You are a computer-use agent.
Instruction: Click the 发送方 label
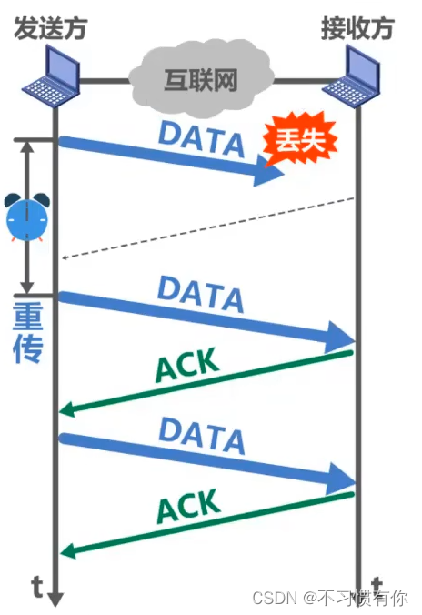coord(51,28)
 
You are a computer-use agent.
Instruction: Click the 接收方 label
coord(357,28)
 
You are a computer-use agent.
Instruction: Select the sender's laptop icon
coord(51,76)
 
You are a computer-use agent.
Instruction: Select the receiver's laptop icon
coord(352,76)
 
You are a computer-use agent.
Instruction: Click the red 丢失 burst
coord(300,138)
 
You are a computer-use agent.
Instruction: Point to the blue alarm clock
coord(27,217)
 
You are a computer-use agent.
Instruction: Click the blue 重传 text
coord(28,332)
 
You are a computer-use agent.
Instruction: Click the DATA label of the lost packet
coord(202,139)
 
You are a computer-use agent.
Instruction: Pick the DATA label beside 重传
coord(200,294)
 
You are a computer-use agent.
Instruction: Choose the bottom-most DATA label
coord(202,436)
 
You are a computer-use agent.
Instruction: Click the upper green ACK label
coord(187,365)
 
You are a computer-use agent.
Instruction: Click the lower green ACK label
coord(188,506)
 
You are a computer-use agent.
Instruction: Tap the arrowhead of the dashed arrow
coord(65,257)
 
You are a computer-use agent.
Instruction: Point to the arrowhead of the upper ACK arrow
coord(66,409)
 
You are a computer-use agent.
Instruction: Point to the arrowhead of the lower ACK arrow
coord(67,550)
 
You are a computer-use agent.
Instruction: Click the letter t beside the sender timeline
coord(37,587)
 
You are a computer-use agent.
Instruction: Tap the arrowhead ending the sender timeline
coord(55,600)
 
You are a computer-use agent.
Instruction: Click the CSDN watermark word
coord(275,598)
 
